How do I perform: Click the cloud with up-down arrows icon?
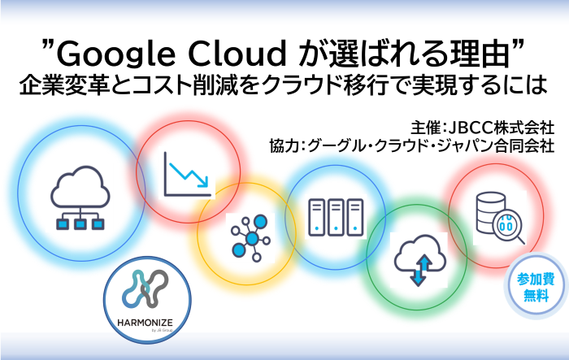417,259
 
